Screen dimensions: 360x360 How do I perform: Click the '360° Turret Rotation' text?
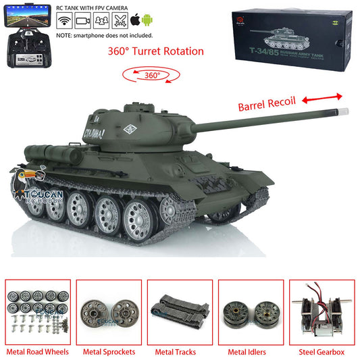tap(156, 51)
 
